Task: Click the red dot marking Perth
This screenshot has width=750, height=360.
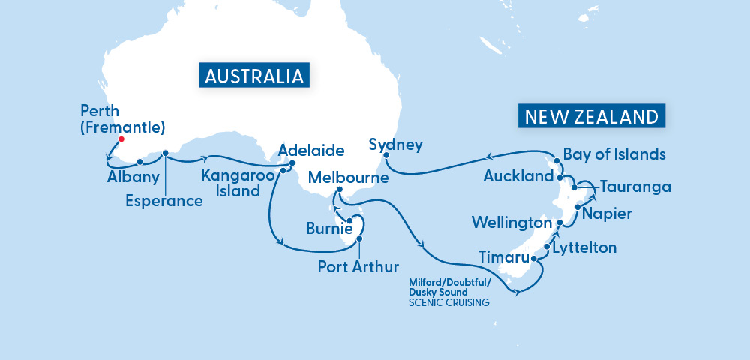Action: click(x=121, y=139)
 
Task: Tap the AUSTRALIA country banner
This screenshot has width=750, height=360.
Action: click(x=254, y=76)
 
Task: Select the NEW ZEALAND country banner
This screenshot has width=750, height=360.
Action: click(x=592, y=117)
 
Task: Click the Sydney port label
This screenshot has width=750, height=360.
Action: click(x=397, y=145)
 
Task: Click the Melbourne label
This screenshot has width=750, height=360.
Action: click(x=349, y=178)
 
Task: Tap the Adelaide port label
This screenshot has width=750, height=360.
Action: click(x=311, y=151)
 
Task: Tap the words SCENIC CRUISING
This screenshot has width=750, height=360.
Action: click(x=448, y=303)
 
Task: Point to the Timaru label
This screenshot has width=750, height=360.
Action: click(x=502, y=258)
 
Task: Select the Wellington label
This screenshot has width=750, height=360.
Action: click(x=511, y=223)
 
